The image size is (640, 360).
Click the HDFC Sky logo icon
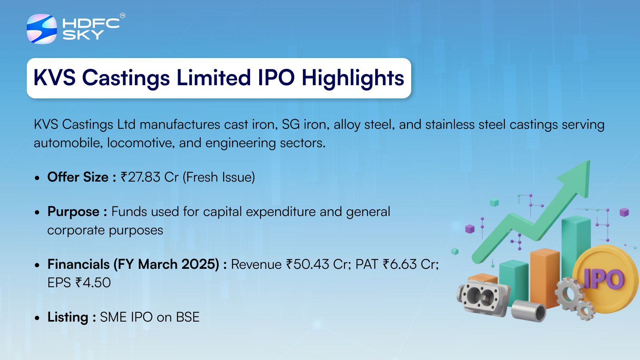click(42, 29)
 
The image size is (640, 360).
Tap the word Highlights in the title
click(353, 78)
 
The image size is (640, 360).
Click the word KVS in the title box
click(54, 78)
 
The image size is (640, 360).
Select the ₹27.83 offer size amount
click(140, 177)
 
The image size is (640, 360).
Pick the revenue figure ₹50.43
click(308, 264)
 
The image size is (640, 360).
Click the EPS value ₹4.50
click(93, 283)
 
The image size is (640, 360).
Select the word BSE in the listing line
click(188, 317)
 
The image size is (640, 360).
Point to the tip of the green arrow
click(590, 160)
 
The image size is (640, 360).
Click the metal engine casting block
click(483, 297)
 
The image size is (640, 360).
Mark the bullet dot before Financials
click(37, 265)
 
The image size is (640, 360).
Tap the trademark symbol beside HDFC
click(122, 16)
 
